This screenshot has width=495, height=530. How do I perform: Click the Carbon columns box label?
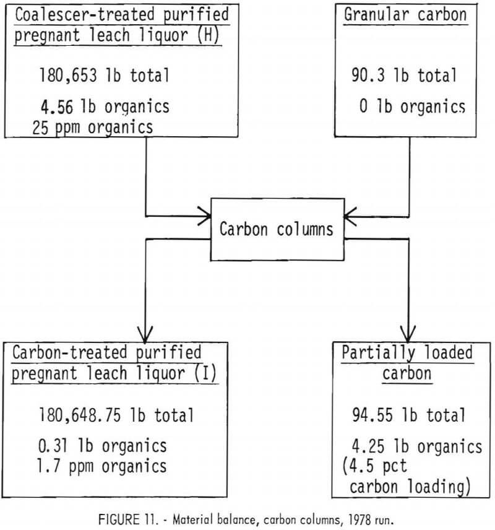277,229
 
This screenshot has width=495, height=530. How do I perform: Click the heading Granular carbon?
406,14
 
